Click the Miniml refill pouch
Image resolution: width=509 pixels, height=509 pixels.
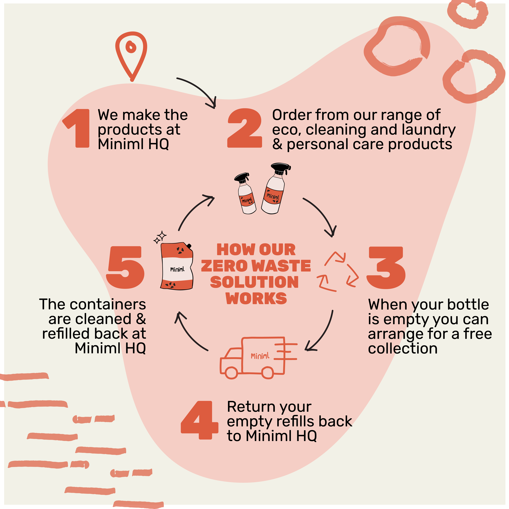click(x=177, y=267)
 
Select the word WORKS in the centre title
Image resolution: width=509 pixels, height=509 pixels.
click(x=256, y=299)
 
